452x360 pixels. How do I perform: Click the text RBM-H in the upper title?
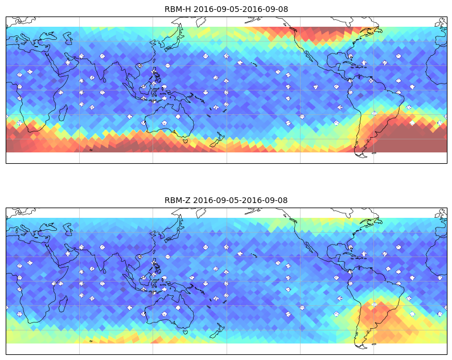pos(178,9)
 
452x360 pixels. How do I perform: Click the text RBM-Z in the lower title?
pos(177,200)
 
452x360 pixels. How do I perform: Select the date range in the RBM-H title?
pos(241,9)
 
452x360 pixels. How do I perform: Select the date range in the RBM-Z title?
pos(240,200)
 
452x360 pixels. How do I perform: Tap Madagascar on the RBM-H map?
pos(63,113)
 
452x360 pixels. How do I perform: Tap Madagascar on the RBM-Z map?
pos(63,304)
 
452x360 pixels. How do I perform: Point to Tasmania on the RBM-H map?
pos(186,140)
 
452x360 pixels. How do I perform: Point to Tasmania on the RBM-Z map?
pos(186,332)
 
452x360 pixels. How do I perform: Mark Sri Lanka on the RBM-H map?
pos(104,80)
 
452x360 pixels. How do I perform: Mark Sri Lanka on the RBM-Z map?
pos(104,271)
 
